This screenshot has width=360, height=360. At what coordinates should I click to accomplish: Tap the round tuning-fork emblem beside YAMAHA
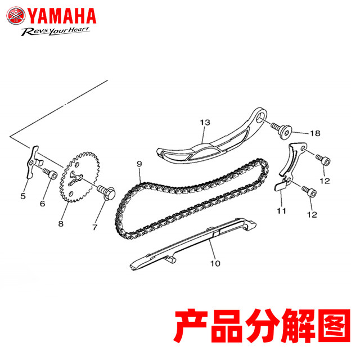coord(14,13)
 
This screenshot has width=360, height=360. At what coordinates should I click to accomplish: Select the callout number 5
coord(23,196)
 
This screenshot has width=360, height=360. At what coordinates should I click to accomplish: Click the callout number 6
coord(42,204)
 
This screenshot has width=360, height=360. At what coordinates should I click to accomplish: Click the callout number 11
coord(281,211)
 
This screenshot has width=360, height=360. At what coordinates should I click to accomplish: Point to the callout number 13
coord(204,122)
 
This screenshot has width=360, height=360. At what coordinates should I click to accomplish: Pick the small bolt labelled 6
coord(52,175)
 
